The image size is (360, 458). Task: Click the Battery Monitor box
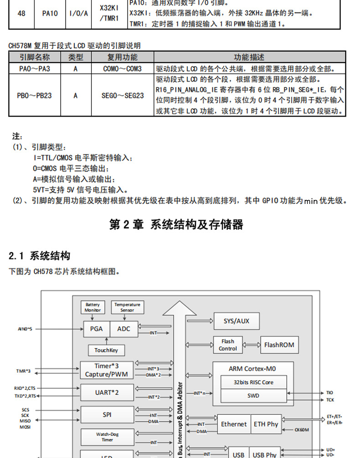tap(93, 307)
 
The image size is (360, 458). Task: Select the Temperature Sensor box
tap(128, 307)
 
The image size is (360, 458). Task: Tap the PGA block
tap(96, 329)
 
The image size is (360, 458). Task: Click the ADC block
tap(123, 329)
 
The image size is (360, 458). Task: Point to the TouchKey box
tap(106, 350)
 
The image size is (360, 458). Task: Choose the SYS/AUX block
tap(237, 321)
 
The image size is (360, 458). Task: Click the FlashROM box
tap(279, 345)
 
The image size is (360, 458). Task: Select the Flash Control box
tap(228, 345)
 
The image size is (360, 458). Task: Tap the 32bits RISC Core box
tap(253, 382)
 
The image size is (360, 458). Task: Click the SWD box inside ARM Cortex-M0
tap(253, 396)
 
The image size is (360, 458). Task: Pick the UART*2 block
tap(107, 392)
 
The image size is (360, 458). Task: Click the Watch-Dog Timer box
tap(107, 437)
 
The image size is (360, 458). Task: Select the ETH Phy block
tap(266, 424)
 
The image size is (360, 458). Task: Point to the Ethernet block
tap(234, 424)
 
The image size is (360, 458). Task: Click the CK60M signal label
tap(302, 429)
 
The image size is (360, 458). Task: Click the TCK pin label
tap(330, 400)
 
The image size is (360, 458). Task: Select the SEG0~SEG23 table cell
tap(123, 96)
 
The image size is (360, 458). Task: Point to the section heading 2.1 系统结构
tap(40, 256)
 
